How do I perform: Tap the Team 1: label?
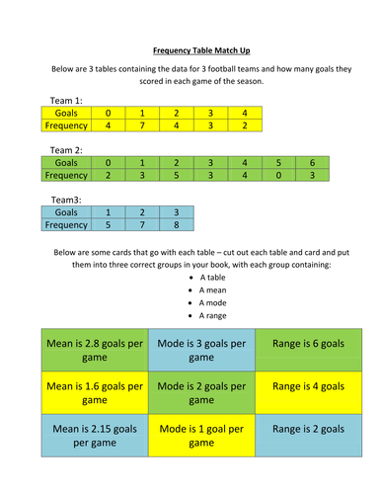(x=65, y=101)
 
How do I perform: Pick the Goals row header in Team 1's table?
(x=66, y=113)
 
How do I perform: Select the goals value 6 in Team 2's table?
(x=312, y=161)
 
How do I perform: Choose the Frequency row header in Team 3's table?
(x=66, y=224)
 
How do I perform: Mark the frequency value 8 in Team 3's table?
(x=176, y=224)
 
